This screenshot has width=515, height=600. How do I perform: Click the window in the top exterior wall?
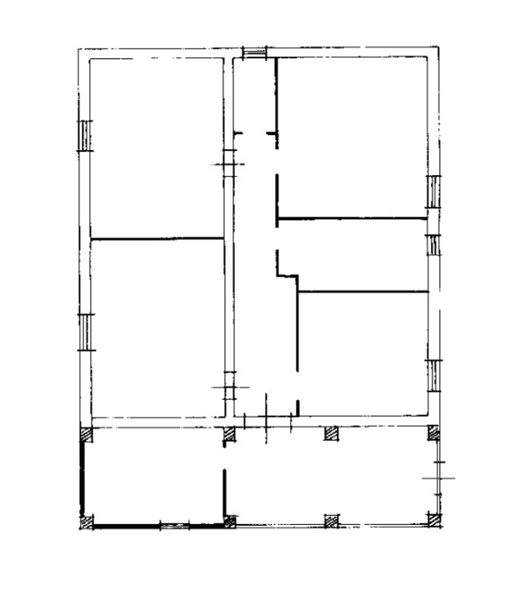pos(254,52)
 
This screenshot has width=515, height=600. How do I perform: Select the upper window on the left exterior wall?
pos(84,135)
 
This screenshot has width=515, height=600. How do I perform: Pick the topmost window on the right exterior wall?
pos(432,192)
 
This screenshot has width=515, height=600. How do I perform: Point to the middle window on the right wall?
pos(432,245)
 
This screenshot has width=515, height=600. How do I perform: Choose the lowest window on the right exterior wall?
pos(432,376)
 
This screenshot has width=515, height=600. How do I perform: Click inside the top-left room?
pos(155,146)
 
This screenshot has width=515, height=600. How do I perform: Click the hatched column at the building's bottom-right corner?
pos(433,521)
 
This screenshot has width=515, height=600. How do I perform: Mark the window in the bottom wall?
pos(174,524)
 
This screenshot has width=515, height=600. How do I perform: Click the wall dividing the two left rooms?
pos(157,239)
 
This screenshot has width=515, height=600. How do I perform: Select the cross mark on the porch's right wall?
pos(438,477)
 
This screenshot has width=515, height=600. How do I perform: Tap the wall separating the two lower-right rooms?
pos(362,292)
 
